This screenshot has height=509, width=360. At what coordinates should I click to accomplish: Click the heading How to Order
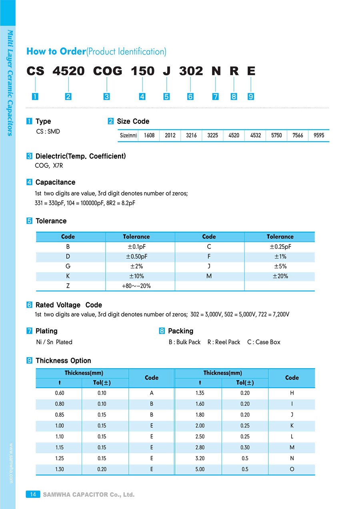[x=56, y=51]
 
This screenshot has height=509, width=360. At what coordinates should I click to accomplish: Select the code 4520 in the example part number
[x=68, y=71]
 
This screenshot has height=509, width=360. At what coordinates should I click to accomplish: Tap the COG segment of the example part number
[x=107, y=71]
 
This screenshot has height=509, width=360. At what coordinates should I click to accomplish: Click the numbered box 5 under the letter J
[x=166, y=96]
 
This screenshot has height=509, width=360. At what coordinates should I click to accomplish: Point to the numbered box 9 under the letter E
[x=251, y=96]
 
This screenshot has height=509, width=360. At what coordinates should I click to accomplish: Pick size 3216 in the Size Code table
[x=191, y=136]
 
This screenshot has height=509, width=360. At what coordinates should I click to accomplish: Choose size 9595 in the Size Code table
[x=319, y=136]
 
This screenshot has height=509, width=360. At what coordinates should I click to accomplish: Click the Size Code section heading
[x=133, y=121]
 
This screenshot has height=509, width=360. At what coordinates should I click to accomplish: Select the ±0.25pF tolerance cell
[x=280, y=247]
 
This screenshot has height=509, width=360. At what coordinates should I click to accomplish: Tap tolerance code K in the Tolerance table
[x=68, y=276]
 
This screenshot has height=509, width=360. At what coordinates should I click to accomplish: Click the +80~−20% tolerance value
[x=136, y=286]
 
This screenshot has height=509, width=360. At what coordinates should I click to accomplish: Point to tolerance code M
[x=209, y=276]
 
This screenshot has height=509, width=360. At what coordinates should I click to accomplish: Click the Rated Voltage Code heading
[x=68, y=305]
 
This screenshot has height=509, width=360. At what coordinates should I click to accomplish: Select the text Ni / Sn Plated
[x=54, y=342]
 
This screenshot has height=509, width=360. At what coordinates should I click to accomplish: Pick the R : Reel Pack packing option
[x=224, y=342]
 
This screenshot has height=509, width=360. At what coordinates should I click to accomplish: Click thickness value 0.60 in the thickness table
[x=59, y=393]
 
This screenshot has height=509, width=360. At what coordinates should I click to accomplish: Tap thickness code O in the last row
[x=292, y=469]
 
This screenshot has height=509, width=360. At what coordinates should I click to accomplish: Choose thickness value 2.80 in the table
[x=200, y=447]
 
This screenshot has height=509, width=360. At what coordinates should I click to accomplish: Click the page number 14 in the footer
[x=33, y=495]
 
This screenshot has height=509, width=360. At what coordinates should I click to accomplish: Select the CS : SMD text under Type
[x=48, y=131]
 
